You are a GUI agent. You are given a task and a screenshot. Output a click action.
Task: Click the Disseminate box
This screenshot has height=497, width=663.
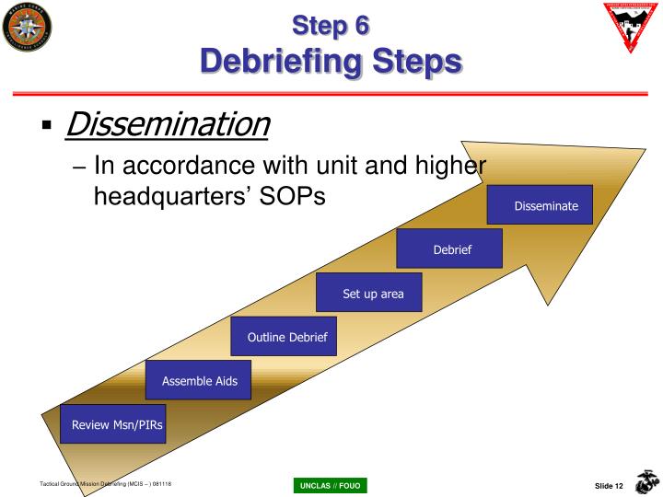[546, 205]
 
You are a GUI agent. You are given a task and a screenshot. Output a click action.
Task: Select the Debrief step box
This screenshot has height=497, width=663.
[451, 249]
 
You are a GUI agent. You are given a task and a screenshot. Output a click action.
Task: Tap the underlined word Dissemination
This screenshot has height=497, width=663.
[167, 122]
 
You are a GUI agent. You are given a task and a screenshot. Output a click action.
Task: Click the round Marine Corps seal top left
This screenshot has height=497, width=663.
[28, 27]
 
